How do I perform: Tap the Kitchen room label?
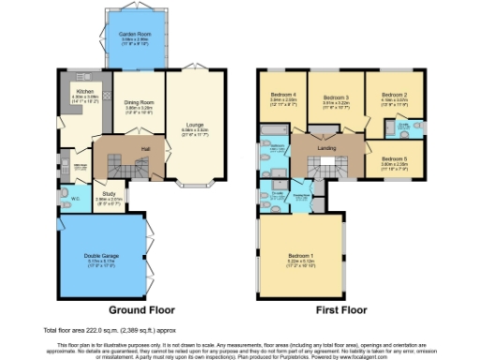pos(72,91)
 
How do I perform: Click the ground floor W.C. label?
pos(74,199)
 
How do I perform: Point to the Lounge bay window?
pos(194,184)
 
